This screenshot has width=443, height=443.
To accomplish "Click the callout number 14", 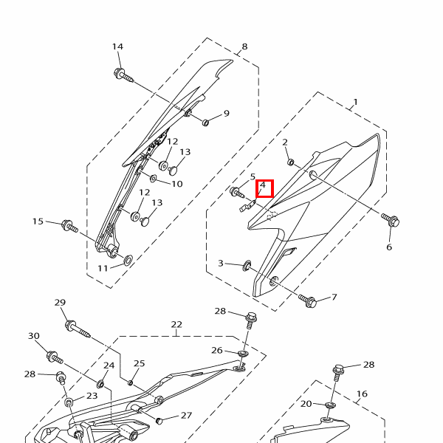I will point(117,47).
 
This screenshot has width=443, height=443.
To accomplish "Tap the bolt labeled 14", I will point(122,74).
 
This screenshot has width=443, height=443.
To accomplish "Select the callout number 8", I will point(244,47).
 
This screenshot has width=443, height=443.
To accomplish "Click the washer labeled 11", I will point(128,260).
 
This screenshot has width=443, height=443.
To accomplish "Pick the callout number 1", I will point(355,102).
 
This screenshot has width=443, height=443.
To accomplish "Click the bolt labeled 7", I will point(309,301).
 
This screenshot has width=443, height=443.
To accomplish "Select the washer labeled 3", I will point(247,264).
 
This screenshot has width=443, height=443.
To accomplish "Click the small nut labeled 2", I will point(291,162).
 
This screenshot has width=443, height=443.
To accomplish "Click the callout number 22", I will point(176,325).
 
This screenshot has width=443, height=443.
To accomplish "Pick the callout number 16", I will point(362,394).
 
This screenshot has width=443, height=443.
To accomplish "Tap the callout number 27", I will point(186,416).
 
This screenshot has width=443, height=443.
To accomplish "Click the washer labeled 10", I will point(154,178).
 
